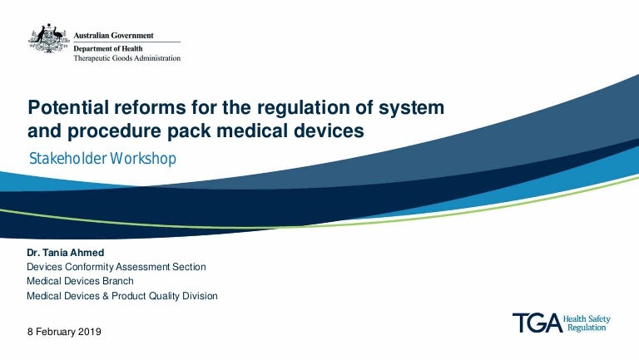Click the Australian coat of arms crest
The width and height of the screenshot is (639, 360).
pos(49,38)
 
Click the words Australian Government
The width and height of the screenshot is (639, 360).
pos(113,36)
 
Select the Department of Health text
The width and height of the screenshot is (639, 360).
pos(108,48)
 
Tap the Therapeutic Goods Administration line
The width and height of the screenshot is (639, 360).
pos(126,58)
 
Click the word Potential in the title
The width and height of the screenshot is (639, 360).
pos(68,107)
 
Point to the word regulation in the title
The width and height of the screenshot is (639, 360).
pos(303,107)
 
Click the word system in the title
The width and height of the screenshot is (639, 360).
pos(411,108)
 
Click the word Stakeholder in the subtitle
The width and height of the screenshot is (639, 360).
pos(68,159)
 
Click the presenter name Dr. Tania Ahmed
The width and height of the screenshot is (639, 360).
pos(65,253)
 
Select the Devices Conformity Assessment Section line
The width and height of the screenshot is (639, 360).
pos(116,267)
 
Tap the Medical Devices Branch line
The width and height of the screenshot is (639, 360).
pos(80,281)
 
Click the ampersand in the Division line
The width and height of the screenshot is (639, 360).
pos(106,296)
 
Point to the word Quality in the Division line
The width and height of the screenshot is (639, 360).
pos(164,296)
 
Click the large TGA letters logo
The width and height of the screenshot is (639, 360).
pos(537,323)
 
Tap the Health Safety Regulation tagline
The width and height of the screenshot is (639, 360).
pos(587,323)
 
